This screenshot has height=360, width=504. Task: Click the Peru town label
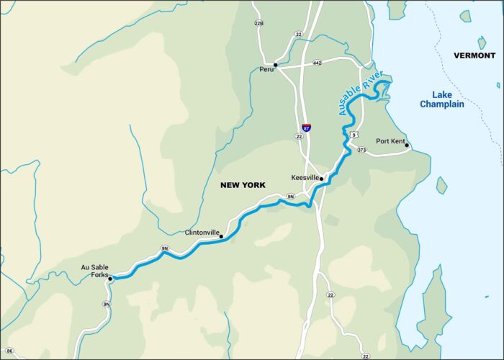[x=266, y=70]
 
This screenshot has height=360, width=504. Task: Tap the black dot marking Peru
[x=276, y=65]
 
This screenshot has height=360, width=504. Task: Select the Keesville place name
[x=305, y=177]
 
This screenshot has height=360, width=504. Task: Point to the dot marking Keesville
[x=322, y=178]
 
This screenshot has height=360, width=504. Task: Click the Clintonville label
[x=202, y=233]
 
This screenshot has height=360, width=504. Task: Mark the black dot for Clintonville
[x=221, y=237]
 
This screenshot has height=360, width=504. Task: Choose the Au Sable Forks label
[x=94, y=271]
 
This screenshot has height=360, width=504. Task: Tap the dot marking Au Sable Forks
[x=110, y=279]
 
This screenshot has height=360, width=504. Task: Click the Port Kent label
[x=391, y=141]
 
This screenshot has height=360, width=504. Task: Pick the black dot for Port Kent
[x=408, y=146]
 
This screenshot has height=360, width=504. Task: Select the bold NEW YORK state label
[x=243, y=185]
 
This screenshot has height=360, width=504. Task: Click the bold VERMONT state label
[x=474, y=55]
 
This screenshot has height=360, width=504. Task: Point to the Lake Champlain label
[x=442, y=99]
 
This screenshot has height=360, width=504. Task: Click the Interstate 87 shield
[x=307, y=127]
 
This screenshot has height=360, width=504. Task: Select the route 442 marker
[x=318, y=63]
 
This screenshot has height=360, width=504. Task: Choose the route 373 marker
[x=361, y=150]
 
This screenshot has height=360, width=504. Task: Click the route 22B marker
[x=259, y=24]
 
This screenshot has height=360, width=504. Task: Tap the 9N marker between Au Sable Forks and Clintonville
[x=165, y=248]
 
